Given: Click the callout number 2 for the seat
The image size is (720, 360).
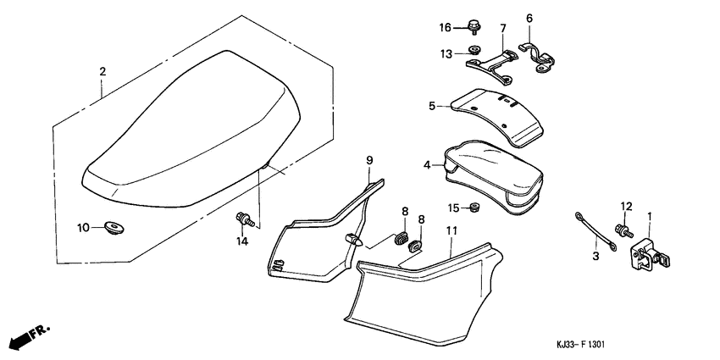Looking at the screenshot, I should coord(102,72).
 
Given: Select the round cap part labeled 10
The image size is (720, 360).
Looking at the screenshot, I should coord(111,226).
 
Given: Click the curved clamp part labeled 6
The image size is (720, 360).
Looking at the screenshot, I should coord(542,56).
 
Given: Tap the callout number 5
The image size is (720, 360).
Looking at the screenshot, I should coord(432,106).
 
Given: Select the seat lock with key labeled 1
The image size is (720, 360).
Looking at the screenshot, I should coord(646,254).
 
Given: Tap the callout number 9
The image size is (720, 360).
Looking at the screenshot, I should coord(369,160).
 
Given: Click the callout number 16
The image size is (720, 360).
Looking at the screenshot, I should coord(446,27).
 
